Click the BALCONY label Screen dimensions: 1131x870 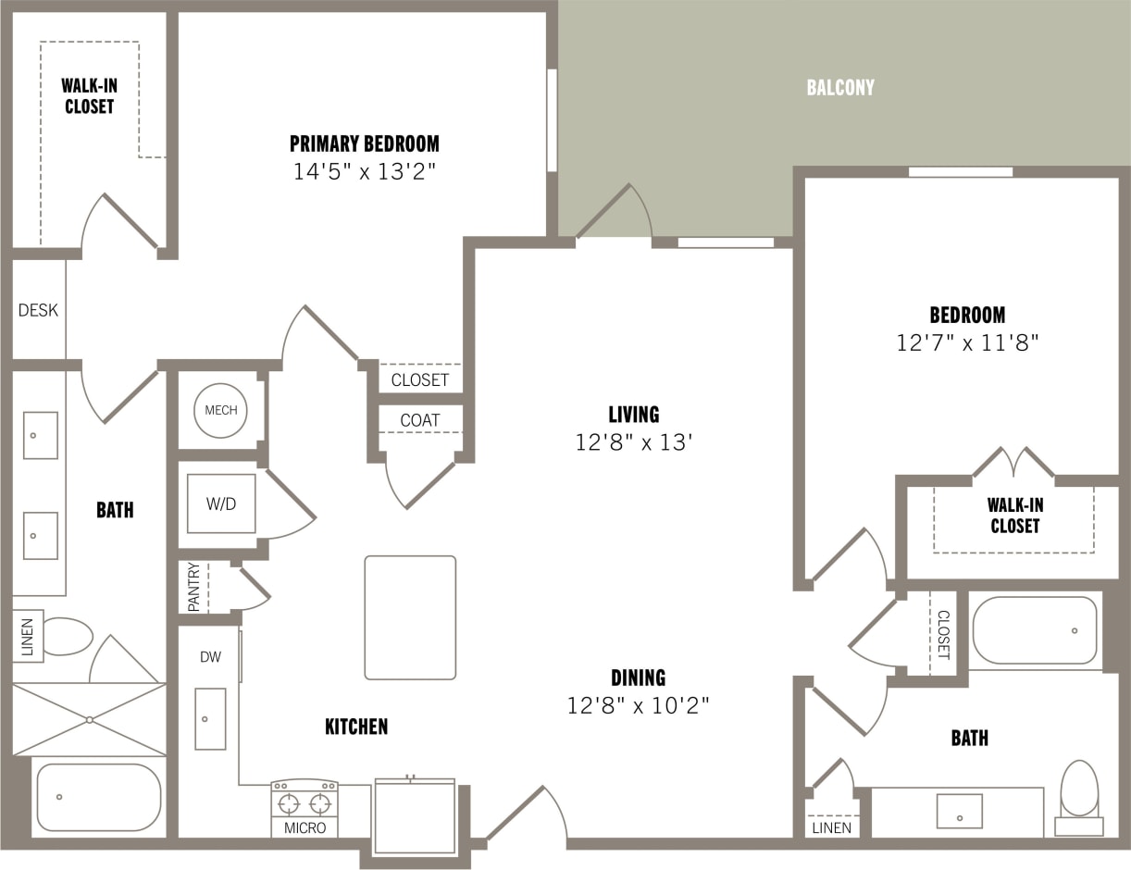pos(839,88)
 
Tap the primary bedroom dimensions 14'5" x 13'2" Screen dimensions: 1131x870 pos(364,172)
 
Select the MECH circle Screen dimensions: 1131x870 pos(220,410)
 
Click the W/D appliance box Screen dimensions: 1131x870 pos(221,503)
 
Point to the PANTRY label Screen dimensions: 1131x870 pos(193,587)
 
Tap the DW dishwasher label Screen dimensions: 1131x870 pos(210,656)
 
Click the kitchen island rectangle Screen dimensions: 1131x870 pos(410,617)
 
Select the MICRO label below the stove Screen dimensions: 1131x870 pos(304,827)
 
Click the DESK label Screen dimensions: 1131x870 pos(38,310)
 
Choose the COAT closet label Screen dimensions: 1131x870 pos(419,420)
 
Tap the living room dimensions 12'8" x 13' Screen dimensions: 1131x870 pos(634,443)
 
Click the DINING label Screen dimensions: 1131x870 pos(638,677)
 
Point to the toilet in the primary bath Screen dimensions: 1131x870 pos(67,636)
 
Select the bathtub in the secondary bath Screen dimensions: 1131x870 pos(1034,630)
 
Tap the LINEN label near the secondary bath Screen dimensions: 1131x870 pos(831,827)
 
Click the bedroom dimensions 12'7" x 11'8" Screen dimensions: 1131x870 pos(967,343)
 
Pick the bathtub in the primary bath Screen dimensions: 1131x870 pos(98,797)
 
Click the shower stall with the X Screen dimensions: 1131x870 pos(89,719)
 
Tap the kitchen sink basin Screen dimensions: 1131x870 pos(210,718)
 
